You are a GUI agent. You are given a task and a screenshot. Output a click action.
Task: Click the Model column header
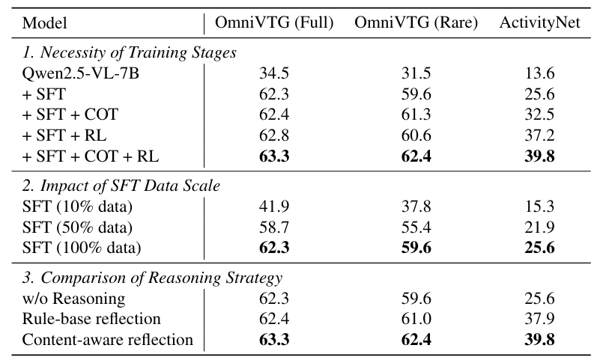point(45,23)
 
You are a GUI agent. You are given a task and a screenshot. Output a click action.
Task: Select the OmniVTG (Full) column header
point(274,22)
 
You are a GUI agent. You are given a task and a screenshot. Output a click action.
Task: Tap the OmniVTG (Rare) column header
point(416,22)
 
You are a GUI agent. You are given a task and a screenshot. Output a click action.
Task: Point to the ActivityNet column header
point(539,22)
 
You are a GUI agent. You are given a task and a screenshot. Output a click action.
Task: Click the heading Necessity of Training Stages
point(129,52)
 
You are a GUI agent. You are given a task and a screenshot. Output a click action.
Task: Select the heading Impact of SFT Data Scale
point(121,186)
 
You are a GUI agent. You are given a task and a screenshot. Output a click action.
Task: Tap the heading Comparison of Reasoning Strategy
point(152,278)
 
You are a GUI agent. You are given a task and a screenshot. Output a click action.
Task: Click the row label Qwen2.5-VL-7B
point(81,73)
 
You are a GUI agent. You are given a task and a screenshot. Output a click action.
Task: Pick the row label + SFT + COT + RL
point(91,156)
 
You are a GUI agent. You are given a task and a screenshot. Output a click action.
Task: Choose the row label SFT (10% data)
point(77,207)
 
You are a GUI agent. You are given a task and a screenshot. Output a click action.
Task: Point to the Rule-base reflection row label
point(91,319)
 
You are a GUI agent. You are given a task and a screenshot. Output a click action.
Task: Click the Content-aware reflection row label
point(108,340)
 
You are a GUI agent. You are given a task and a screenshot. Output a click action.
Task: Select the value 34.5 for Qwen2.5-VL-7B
point(274,73)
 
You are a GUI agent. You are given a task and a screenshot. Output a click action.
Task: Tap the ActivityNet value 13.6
point(539,73)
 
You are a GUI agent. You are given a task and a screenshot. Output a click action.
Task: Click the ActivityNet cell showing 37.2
point(539,135)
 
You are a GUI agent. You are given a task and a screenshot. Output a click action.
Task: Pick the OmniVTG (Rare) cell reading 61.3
point(416,115)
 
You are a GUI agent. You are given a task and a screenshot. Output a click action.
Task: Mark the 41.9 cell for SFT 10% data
point(274,207)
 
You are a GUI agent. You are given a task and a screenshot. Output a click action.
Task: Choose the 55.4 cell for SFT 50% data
point(416,227)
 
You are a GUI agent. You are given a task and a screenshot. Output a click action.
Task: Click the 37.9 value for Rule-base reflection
point(539,319)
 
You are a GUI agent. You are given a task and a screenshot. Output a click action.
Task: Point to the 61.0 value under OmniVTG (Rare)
point(416,319)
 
